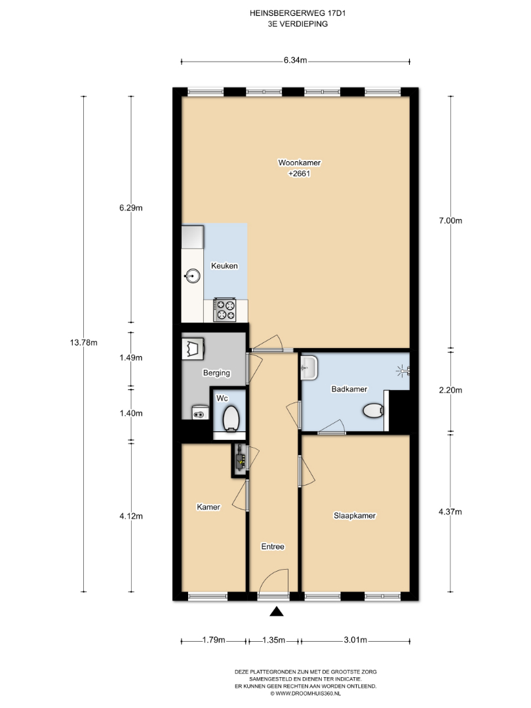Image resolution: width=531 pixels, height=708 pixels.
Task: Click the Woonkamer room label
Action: click(300, 163)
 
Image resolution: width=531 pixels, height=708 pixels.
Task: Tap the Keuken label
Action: click(224, 266)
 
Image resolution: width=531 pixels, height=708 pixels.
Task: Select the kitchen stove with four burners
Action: click(225, 309)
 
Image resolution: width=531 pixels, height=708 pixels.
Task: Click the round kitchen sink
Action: click(193, 275)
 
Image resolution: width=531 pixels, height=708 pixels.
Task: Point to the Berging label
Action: click(217, 373)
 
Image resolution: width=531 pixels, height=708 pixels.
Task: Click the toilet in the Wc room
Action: click(231, 418)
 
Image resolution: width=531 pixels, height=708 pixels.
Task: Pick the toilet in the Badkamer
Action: click(374, 411)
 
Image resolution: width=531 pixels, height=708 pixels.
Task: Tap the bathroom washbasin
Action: click(309, 367)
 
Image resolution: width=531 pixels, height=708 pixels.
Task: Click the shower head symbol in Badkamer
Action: click(403, 371)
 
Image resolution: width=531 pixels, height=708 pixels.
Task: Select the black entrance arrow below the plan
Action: click(277, 612)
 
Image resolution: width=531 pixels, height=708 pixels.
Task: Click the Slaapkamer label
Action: click(355, 516)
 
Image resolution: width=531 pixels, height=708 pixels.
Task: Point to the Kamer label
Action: click(208, 507)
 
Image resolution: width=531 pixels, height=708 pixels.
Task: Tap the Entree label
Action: click(273, 546)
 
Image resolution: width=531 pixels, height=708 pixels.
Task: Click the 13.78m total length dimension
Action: click(83, 343)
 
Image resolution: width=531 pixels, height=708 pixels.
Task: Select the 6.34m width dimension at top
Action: click(295, 60)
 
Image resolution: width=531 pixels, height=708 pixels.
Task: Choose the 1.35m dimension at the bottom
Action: click(273, 640)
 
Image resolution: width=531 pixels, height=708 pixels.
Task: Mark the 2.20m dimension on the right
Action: click(450, 390)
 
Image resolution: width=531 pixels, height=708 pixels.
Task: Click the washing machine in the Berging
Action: click(193, 348)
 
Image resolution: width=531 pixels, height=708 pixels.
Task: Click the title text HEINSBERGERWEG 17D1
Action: click(298, 14)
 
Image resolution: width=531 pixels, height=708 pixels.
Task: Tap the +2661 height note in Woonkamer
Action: click(300, 174)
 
